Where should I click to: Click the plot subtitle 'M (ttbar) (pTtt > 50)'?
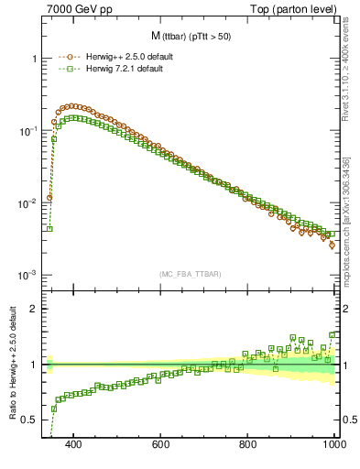(189, 36)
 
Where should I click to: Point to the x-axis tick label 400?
(74, 444)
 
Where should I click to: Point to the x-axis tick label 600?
(161, 444)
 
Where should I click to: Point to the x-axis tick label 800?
(248, 444)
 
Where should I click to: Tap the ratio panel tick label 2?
(33, 309)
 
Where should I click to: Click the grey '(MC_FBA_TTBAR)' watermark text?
(189, 273)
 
